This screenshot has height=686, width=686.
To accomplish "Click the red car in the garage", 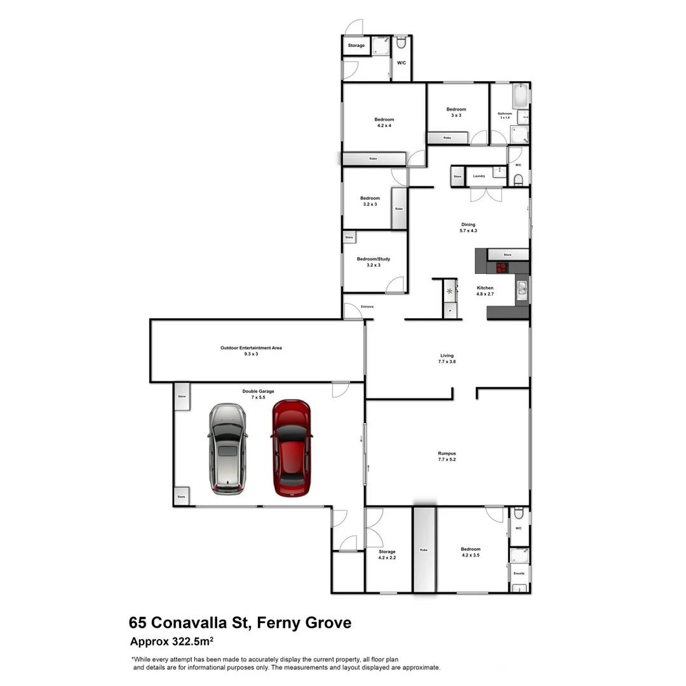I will pyautogui.click(x=291, y=448).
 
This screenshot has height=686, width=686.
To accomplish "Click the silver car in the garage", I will pyautogui.click(x=227, y=448).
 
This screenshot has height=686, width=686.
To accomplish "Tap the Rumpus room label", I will pyautogui.click(x=447, y=456).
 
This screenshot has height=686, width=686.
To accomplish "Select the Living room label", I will pyautogui.click(x=447, y=358).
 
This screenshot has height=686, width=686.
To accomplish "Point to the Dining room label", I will pyautogui.click(x=468, y=227).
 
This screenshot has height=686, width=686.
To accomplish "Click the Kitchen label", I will pyautogui.click(x=485, y=291).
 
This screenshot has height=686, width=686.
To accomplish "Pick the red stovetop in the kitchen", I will pyautogui.click(x=501, y=267).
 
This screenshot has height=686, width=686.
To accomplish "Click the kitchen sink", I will pyautogui.click(x=522, y=290).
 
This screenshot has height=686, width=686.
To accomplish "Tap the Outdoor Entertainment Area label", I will pyautogui.click(x=251, y=351).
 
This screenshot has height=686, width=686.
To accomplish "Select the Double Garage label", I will pyautogui.click(x=258, y=394).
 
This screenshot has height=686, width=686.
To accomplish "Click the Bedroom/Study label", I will pyautogui.click(x=373, y=262).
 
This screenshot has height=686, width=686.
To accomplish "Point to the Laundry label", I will pyautogui.click(x=479, y=176).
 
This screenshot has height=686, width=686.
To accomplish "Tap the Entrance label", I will pyautogui.click(x=367, y=307).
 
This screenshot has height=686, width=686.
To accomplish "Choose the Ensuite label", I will pyautogui.click(x=519, y=574).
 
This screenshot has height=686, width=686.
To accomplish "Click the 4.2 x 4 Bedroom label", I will pyautogui.click(x=384, y=123).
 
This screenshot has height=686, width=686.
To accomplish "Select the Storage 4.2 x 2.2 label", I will pyautogui.click(x=387, y=555).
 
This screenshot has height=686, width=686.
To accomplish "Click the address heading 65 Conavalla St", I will pyautogui.click(x=240, y=622).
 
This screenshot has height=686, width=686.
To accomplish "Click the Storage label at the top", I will pyautogui.click(x=356, y=46).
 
